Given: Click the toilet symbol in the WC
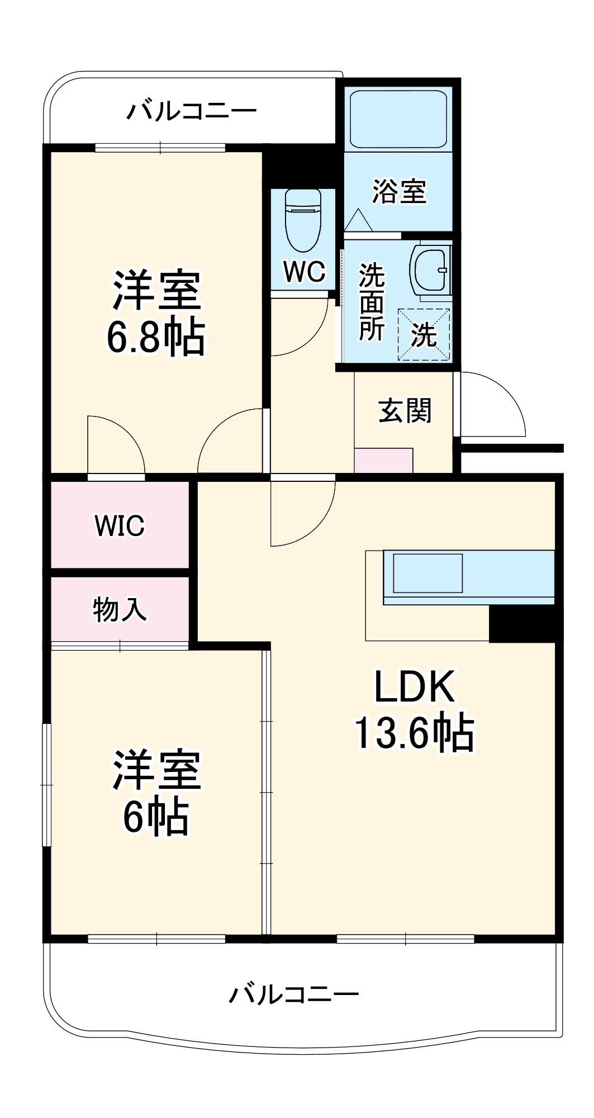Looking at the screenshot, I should click(302, 221).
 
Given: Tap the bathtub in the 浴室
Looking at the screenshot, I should click(398, 118).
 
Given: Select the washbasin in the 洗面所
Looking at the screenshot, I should click(430, 269).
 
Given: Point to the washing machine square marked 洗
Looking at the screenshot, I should click(424, 334).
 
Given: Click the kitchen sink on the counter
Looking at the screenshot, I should click(428, 573).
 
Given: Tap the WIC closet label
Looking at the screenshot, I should click(120, 525).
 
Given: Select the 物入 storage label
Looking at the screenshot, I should click(120, 609).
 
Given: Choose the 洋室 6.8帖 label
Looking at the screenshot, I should click(156, 314).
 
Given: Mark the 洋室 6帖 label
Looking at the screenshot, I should click(156, 793).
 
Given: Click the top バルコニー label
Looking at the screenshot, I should click(191, 111).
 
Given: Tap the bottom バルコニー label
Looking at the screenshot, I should click(293, 994).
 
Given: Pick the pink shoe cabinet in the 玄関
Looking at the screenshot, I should click(383, 461).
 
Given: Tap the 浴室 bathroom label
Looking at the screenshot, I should click(399, 191).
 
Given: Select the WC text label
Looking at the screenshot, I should click(303, 272).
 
